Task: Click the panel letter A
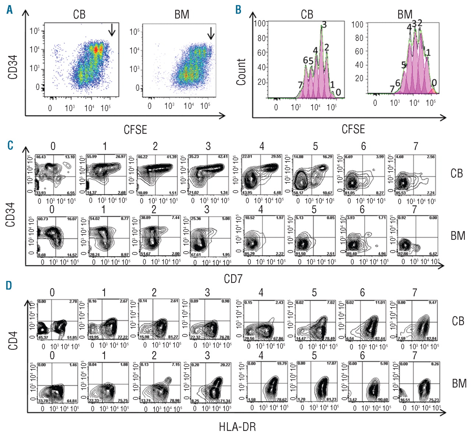[x=9, y=10]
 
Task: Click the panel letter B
[x=238, y=10]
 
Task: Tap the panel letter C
[x=10, y=146]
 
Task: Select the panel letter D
[x=10, y=285]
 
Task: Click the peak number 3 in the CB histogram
[x=324, y=25]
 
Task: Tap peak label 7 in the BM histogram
[x=392, y=89]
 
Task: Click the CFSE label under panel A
[x=135, y=130]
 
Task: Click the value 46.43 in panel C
[x=40, y=157]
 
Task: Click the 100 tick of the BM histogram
[x=357, y=25]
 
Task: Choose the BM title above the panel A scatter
[x=182, y=15]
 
